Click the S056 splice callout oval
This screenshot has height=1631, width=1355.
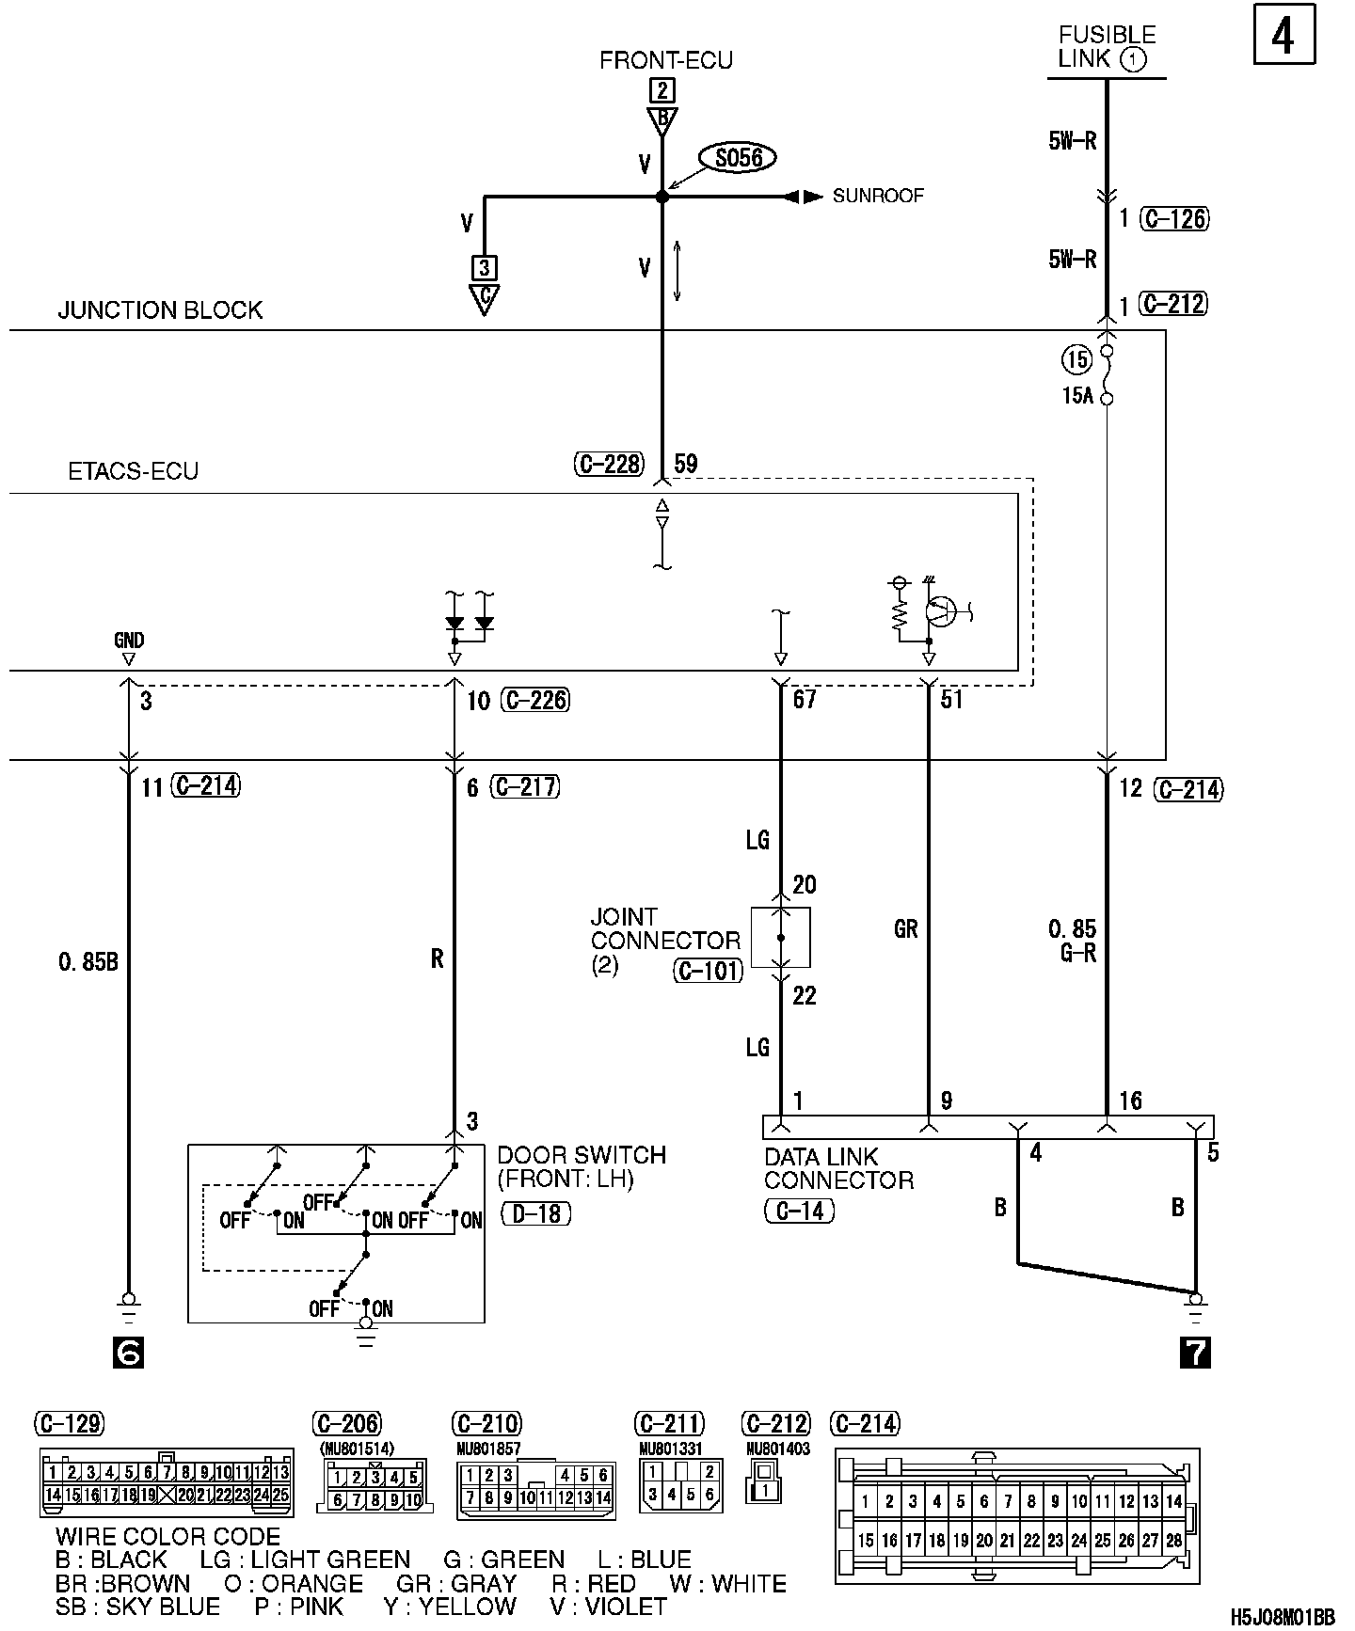pyautogui.click(x=739, y=158)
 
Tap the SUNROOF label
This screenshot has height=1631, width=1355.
pyautogui.click(x=878, y=197)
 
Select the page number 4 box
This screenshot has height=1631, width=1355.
pyautogui.click(x=1283, y=37)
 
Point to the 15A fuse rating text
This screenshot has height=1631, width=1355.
pyautogui.click(x=1078, y=396)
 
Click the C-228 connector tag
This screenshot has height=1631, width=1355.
pyautogui.click(x=609, y=464)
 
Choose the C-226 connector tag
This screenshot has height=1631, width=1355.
pyautogui.click(x=536, y=700)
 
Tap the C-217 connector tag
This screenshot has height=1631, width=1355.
pyautogui.click(x=527, y=786)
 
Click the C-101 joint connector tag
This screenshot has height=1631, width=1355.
pyautogui.click(x=709, y=970)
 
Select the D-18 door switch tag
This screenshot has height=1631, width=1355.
pyautogui.click(x=536, y=1214)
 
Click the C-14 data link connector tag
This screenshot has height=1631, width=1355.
pyautogui.click(x=799, y=1211)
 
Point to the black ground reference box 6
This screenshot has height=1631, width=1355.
pyautogui.click(x=128, y=1353)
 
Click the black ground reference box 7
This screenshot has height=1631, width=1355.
pyautogui.click(x=1195, y=1353)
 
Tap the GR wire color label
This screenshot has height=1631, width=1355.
pyautogui.click(x=905, y=929)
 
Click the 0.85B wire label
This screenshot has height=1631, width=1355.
pyautogui.click(x=88, y=962)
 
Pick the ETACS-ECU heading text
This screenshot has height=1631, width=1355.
pyautogui.click(x=134, y=470)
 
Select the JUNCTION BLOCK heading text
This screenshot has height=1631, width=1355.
pyautogui.click(x=160, y=310)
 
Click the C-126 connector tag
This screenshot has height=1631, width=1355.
pyautogui.click(x=1174, y=219)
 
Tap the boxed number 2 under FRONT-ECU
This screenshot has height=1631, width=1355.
pyautogui.click(x=662, y=90)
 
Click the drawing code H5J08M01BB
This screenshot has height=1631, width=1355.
pyautogui.click(x=1283, y=1618)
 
